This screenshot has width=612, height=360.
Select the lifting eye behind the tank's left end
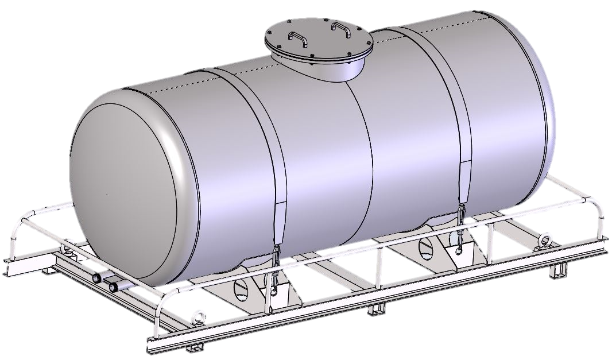pos(67,248)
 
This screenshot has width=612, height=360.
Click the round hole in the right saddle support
pos(427,247)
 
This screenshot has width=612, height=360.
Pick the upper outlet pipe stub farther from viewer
pos(99,277)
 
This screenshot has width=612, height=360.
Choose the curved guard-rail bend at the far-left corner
pos(23,218)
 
